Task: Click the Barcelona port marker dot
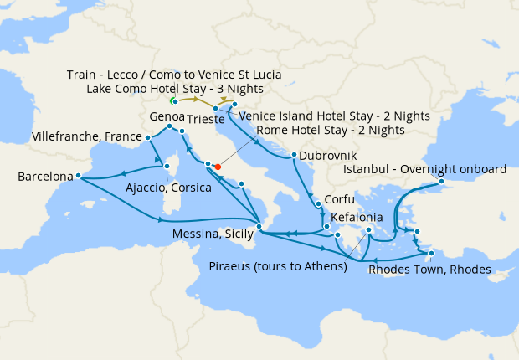77,176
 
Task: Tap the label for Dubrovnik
328,157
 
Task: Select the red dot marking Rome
218,167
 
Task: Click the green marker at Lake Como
174,101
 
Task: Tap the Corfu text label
340,201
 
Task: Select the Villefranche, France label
87,136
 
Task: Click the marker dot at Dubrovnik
293,155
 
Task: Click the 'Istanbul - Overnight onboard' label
425,169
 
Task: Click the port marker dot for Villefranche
147,137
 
